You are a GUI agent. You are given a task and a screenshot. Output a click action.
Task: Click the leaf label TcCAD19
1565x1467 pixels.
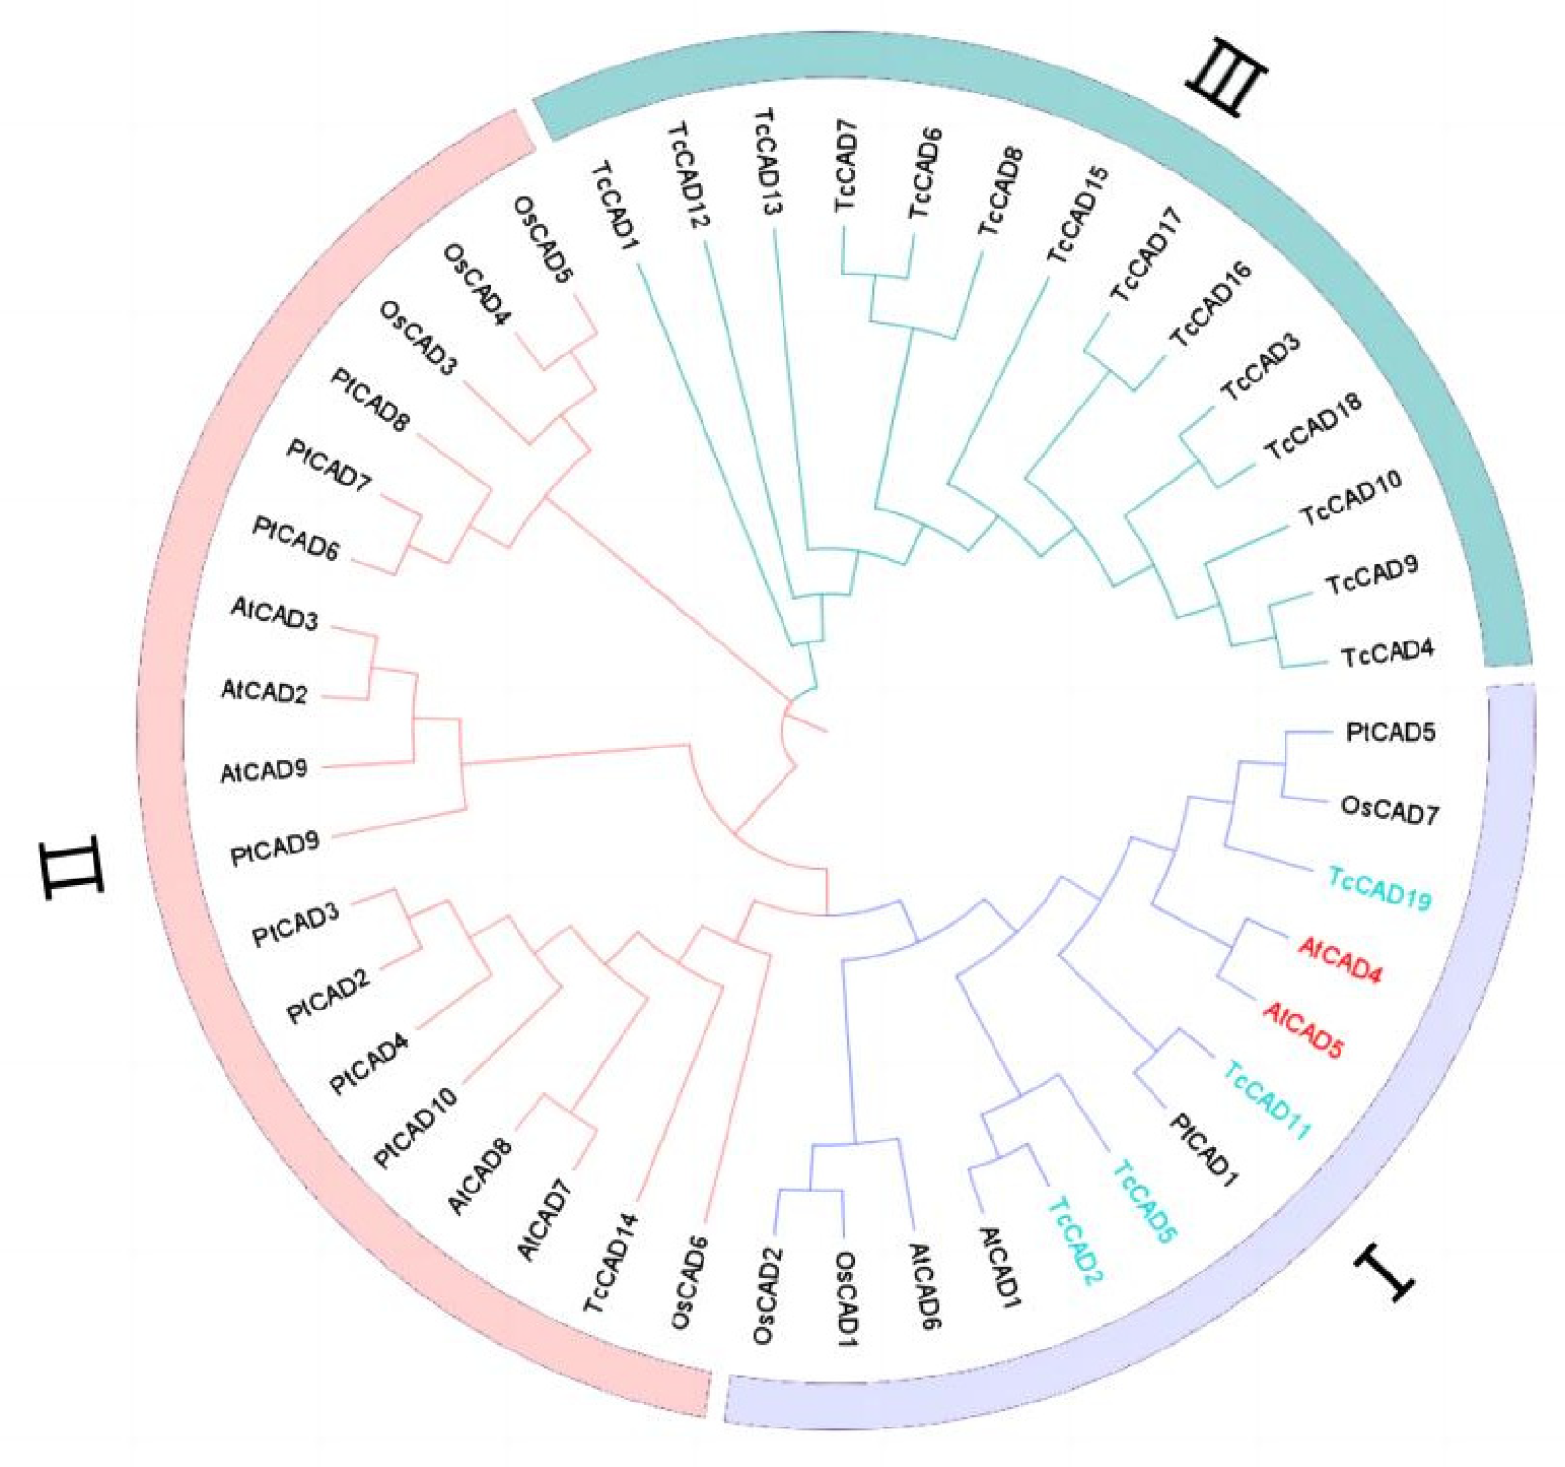click(1379, 888)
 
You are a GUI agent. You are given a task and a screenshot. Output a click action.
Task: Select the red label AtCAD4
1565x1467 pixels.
click(1340, 960)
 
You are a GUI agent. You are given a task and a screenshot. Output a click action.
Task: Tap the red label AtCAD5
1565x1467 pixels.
click(1304, 1030)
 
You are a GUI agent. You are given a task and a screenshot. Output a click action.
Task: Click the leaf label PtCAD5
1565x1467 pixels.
click(1390, 732)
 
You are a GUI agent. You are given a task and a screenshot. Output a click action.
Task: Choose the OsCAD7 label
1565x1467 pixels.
click(1390, 811)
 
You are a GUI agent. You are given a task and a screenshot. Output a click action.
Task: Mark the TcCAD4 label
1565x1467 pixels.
click(1387, 654)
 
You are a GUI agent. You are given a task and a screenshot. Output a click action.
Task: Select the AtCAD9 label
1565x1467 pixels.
click(263, 771)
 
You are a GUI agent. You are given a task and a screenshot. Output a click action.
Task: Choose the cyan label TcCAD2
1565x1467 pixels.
click(1074, 1241)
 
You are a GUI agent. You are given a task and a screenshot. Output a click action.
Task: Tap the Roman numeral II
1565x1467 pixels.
click(72, 868)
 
